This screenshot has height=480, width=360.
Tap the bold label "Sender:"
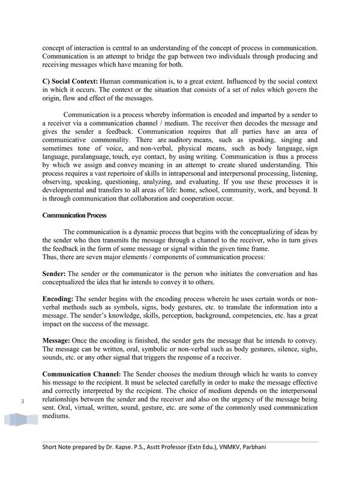pyautogui.click(x=55, y=274)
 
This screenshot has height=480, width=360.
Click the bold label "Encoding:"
pyautogui.click(x=58, y=299)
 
